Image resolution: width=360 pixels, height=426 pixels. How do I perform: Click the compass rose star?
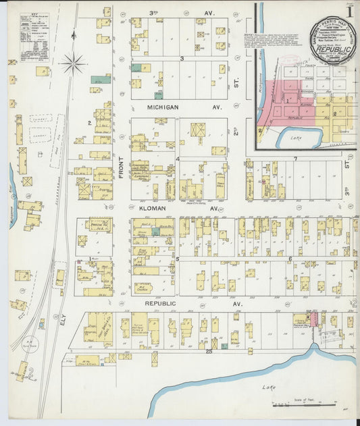click(72, 64)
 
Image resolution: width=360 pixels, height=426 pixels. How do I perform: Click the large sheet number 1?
click(349, 11)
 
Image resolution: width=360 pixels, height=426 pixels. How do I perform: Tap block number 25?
click(209, 352)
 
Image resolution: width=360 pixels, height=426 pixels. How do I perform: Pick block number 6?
click(290, 259)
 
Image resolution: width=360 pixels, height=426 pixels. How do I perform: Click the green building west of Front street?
click(101, 80)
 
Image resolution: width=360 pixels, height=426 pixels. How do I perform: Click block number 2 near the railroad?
click(89, 123)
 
